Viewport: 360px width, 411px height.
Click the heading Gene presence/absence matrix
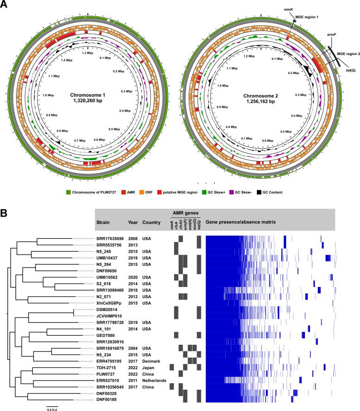[x=241, y=222]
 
